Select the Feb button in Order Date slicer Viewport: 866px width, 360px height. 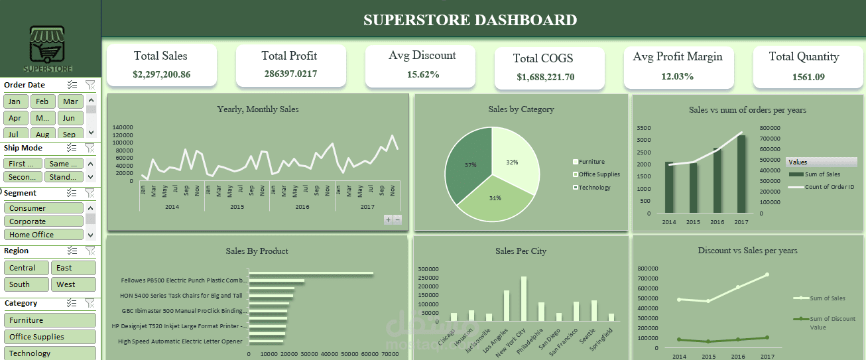tap(42, 101)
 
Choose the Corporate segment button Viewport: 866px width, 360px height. tap(44, 221)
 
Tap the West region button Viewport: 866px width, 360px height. tap(73, 284)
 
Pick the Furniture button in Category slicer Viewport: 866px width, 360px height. tap(50, 320)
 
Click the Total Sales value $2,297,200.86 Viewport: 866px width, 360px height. tap(161, 74)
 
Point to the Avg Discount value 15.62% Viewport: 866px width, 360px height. tap(423, 74)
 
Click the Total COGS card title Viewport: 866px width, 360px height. tap(543, 58)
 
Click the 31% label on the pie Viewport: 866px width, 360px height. tap(495, 198)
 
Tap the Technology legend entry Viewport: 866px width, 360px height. tap(593, 188)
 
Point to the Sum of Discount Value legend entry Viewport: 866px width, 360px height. tap(830, 323)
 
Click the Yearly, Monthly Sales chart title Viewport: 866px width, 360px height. tap(257, 109)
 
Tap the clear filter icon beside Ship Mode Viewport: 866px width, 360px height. tap(90, 148)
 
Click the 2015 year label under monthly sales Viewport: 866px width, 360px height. tap(237, 207)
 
